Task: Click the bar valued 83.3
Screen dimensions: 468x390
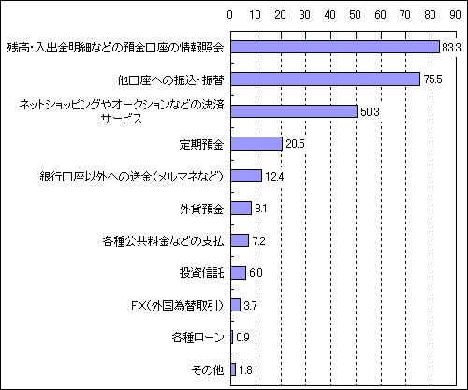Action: pos(335,47)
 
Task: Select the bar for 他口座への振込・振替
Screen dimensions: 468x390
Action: pos(326,79)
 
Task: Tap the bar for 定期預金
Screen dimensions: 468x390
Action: pos(256,144)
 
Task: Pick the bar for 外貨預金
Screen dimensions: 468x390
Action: pos(241,208)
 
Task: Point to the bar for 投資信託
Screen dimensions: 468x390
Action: pos(239,272)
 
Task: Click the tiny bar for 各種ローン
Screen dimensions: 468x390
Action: pos(232,337)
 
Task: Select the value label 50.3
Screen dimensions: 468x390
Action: pos(370,111)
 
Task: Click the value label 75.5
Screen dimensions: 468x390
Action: pos(433,79)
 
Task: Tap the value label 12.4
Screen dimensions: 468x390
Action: pos(274,177)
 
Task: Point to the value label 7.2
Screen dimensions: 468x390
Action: pos(258,241)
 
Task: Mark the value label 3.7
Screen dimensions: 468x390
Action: pos(250,306)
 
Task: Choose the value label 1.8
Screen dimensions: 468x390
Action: pos(245,370)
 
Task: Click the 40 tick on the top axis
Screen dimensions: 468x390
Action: pos(330,15)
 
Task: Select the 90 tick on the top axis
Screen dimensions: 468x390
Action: pos(455,15)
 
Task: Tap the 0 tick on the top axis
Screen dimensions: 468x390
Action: pos(230,15)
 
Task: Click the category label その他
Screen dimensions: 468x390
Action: pos(208,370)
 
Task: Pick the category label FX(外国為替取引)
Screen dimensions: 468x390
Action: pos(178,306)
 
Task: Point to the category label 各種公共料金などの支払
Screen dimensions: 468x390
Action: pos(163,241)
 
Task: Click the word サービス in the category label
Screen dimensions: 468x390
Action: pos(122,119)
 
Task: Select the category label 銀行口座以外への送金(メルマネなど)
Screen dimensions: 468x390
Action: pos(132,177)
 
